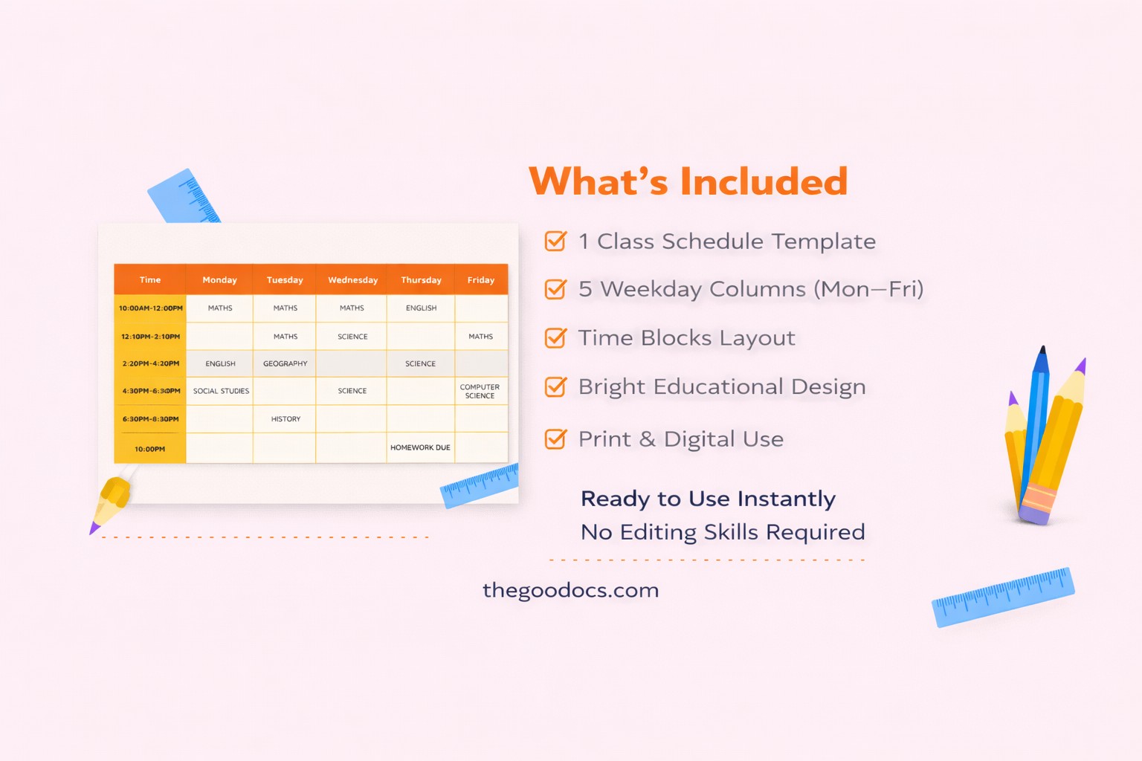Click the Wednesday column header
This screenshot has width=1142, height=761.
[x=352, y=280]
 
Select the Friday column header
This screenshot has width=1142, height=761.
[x=480, y=280]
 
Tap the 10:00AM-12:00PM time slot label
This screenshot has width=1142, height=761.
[x=150, y=308]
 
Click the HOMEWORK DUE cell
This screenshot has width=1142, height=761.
[x=420, y=447]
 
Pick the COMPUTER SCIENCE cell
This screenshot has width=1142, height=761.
[x=480, y=391]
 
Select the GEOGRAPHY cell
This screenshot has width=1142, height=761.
[x=285, y=363]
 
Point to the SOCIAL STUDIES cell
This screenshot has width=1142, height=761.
[x=221, y=391]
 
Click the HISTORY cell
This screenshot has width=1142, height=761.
[x=285, y=419]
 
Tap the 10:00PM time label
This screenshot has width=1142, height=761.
[x=149, y=449]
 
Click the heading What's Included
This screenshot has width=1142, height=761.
[x=688, y=182]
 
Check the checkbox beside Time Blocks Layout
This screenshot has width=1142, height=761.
[x=555, y=338]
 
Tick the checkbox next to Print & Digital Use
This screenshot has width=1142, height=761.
[x=555, y=439]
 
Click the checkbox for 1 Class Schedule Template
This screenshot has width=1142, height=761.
[x=555, y=242]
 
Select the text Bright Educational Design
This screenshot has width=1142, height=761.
[x=721, y=386]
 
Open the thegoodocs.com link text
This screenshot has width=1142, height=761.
[x=570, y=590]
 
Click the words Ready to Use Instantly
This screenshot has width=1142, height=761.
[x=708, y=498]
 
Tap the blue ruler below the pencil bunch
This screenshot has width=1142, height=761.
[x=1002, y=597]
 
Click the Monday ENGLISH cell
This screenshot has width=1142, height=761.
[x=220, y=363]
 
